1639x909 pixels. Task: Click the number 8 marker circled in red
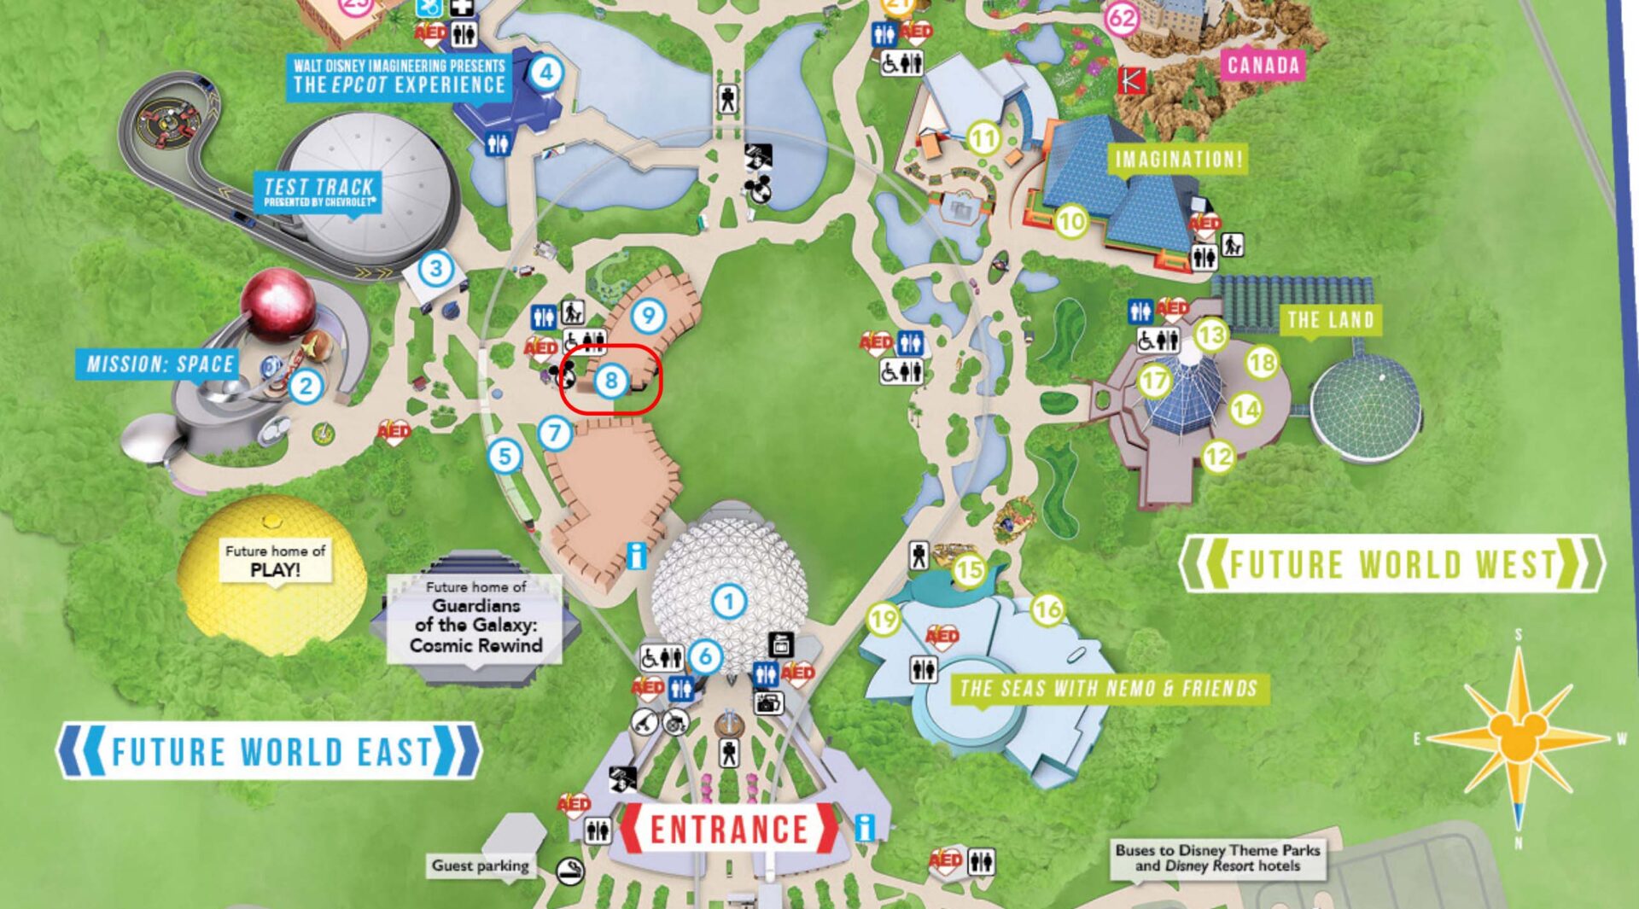click(x=610, y=381)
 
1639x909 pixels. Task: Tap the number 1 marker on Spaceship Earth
click(x=728, y=602)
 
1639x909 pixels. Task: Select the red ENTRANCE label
click(x=729, y=829)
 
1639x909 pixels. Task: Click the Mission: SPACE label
click(x=160, y=364)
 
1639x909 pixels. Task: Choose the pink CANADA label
click(x=1263, y=65)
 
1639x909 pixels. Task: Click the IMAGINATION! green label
click(x=1178, y=159)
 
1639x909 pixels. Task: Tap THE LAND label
click(x=1330, y=320)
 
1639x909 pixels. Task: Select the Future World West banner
click(x=1391, y=564)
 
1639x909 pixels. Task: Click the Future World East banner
click(x=269, y=751)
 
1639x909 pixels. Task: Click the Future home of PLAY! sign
click(x=274, y=561)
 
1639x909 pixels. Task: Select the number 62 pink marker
click(x=1122, y=18)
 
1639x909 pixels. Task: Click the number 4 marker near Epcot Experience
click(x=546, y=73)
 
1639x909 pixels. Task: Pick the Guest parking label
click(x=480, y=865)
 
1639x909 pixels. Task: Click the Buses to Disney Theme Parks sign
click(x=1217, y=858)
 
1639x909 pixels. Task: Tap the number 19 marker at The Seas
click(x=883, y=619)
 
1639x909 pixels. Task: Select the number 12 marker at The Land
click(x=1218, y=457)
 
